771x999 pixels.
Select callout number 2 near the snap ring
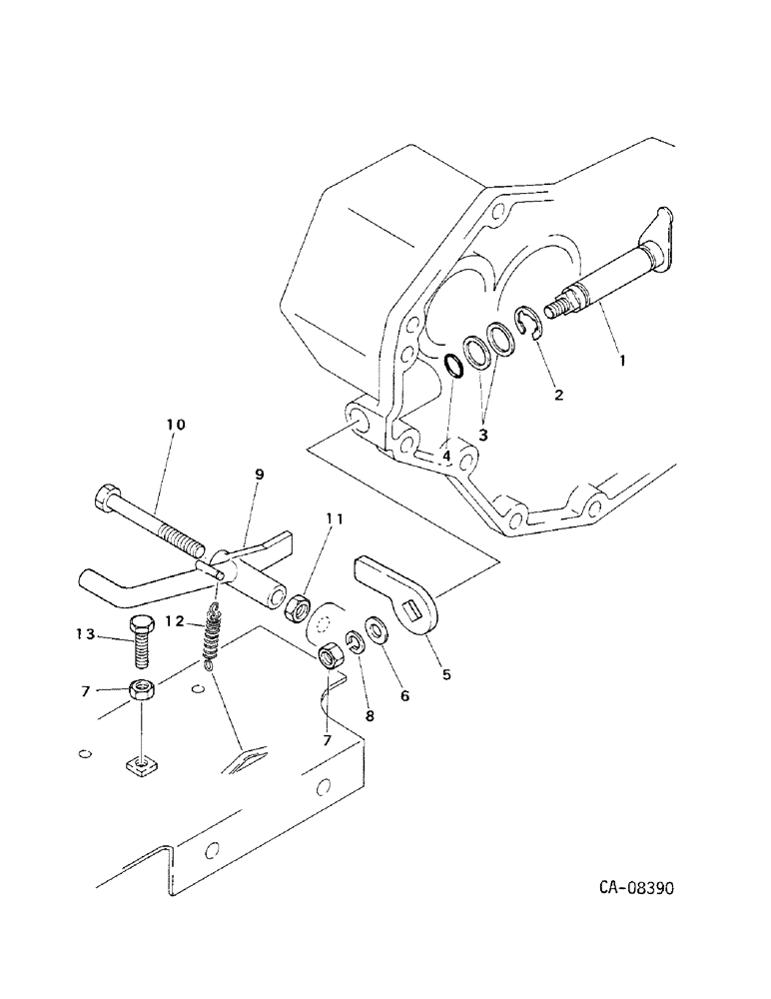[x=558, y=394]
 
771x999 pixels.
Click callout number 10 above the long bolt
[x=175, y=425]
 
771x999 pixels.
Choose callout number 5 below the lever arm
[x=445, y=674]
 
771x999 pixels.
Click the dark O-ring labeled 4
[x=452, y=366]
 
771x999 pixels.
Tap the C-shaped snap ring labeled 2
[x=528, y=324]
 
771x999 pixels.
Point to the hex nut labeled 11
[x=298, y=606]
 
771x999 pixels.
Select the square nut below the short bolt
[x=141, y=766]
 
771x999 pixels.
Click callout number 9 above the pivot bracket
[x=259, y=475]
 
